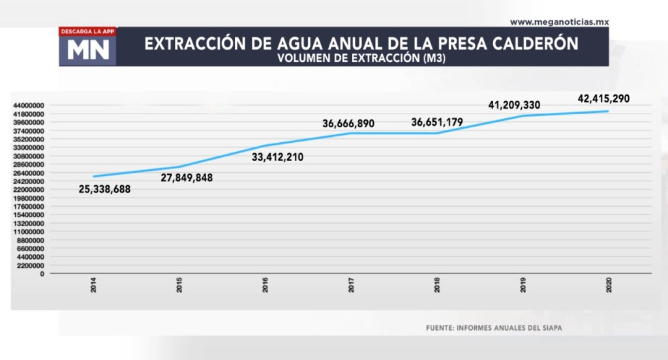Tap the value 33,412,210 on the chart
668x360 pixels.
pyautogui.click(x=277, y=157)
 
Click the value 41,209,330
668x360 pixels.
pyautogui.click(x=514, y=105)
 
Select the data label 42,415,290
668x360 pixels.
pyautogui.click(x=603, y=99)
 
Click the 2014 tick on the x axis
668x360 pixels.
pyautogui.click(x=94, y=285)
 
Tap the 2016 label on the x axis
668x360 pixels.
pyautogui.click(x=266, y=285)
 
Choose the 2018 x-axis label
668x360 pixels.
pyautogui.click(x=437, y=285)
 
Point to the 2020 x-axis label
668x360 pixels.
pyautogui.click(x=609, y=285)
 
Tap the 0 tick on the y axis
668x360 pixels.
pyautogui.click(x=42, y=274)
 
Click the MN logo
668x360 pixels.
pyautogui.click(x=88, y=51)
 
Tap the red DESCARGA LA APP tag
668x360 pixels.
pyautogui.click(x=87, y=31)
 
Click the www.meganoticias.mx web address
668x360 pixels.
pyautogui.click(x=559, y=22)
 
